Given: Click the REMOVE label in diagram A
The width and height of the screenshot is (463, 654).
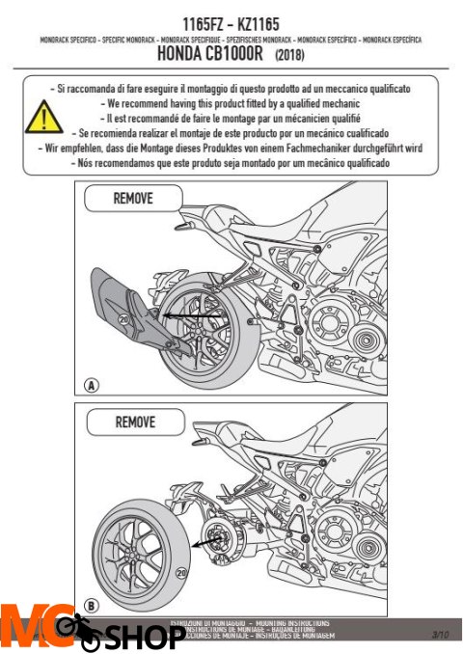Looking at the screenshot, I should [132, 200].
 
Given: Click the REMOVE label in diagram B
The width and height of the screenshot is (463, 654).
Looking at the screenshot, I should [134, 422].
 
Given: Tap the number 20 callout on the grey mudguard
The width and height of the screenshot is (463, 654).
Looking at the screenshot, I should [123, 318].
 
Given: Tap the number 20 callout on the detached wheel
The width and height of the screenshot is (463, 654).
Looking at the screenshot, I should [181, 572].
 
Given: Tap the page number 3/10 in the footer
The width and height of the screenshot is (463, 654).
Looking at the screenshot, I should [440, 634].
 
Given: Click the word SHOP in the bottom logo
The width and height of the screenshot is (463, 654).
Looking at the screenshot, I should [145, 638].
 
